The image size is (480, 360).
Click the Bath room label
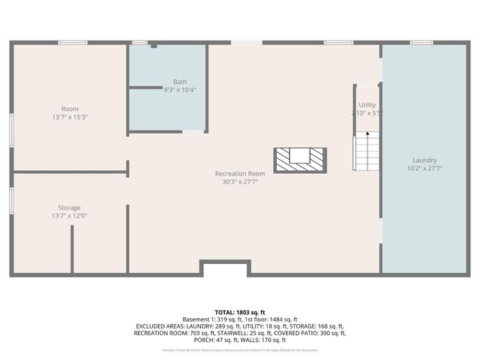[180, 82]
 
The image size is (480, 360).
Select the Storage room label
[69, 207]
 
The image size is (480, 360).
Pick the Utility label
[367, 105]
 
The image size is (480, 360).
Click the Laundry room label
[424, 160]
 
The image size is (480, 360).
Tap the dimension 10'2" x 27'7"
[424, 168]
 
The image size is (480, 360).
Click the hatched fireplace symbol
[300, 159]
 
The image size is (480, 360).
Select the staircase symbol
[366, 150]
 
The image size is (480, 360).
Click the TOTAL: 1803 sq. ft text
[240, 312]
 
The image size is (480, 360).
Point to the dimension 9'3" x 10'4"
[180, 90]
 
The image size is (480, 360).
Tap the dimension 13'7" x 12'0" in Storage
[69, 215]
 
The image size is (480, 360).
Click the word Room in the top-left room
[69, 109]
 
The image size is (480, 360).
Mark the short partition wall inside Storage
[72, 248]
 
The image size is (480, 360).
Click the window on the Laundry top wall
[421, 42]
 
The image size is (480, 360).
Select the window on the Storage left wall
[11, 200]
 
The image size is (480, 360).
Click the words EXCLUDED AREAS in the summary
[160, 326]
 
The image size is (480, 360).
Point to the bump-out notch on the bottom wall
[225, 267]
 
